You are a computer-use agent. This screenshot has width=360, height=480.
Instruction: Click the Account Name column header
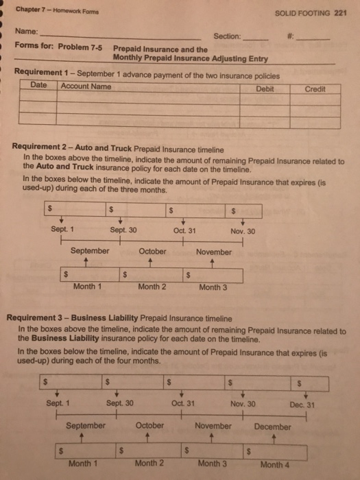click(86, 86)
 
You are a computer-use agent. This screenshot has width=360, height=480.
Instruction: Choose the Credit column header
click(315, 89)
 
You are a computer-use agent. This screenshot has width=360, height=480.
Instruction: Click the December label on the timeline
click(272, 427)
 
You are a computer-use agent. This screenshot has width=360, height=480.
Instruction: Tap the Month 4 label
click(274, 464)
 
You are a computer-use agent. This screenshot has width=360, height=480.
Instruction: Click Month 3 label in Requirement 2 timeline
click(213, 287)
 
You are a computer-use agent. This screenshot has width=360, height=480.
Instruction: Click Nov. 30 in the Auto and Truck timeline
click(242, 231)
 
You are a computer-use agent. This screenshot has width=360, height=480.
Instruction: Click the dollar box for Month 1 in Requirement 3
click(86, 450)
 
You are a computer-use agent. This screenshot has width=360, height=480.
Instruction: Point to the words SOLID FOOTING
click(302, 12)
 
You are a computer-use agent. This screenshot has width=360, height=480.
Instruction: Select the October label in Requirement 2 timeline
click(152, 252)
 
